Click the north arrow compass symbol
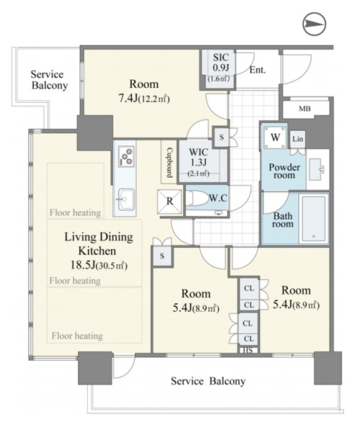(x=314, y=24)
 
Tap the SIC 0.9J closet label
(x=220, y=63)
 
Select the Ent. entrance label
(x=257, y=70)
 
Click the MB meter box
(x=305, y=109)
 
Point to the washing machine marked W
(x=275, y=137)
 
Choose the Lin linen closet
(x=297, y=139)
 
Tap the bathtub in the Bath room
(x=314, y=219)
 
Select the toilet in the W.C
(x=198, y=199)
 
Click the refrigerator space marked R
(x=169, y=201)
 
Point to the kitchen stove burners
(x=127, y=156)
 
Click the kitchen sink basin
(x=125, y=199)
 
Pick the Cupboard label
(x=169, y=163)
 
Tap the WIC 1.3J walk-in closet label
(x=199, y=162)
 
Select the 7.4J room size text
(x=144, y=98)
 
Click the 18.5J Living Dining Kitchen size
(x=99, y=265)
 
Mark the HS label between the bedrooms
(x=248, y=351)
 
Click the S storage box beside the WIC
(x=221, y=137)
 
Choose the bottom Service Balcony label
(x=208, y=381)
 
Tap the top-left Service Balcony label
(x=49, y=80)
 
